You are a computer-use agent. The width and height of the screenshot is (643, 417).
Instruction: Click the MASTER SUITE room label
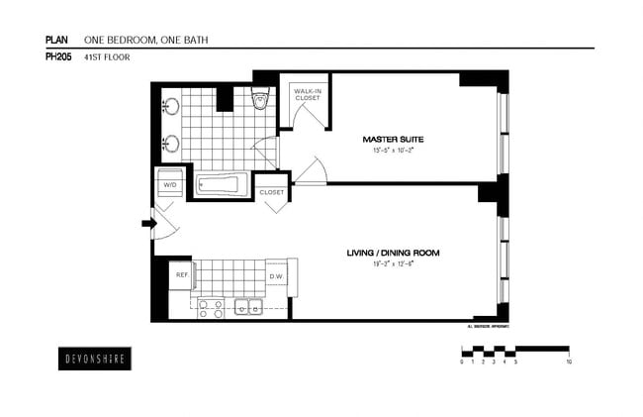click(391, 140)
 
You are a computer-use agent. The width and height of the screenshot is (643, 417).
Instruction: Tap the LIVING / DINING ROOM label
click(392, 253)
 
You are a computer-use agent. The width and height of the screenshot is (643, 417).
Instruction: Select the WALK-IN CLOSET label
click(305, 95)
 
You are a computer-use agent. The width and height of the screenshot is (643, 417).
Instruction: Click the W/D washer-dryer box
click(169, 183)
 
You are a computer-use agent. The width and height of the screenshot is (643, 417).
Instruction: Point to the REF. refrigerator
click(182, 274)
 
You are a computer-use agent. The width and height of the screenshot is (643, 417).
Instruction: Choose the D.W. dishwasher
click(277, 276)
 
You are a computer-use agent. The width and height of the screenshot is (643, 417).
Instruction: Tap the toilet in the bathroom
click(261, 98)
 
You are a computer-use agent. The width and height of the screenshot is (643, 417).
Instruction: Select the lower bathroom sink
click(171, 143)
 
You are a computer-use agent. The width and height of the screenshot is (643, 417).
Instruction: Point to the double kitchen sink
click(247, 308)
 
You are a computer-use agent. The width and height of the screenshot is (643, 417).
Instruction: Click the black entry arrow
click(149, 224)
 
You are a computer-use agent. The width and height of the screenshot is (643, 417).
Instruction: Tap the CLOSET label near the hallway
click(272, 192)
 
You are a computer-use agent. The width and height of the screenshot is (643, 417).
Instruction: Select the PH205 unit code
click(57, 57)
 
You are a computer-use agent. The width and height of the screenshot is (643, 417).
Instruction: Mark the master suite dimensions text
click(391, 152)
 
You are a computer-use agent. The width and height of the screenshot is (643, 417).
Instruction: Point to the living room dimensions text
click(392, 264)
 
